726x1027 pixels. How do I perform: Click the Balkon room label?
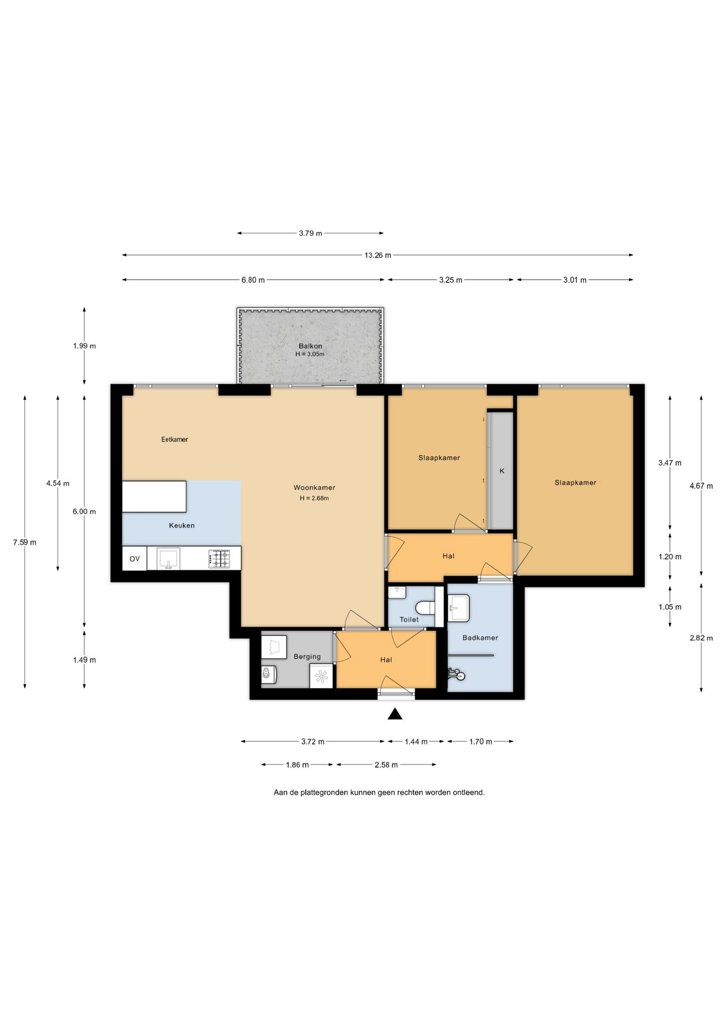(x=310, y=346)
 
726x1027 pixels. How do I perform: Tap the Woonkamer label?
(x=314, y=488)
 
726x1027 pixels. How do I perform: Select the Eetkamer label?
(x=175, y=440)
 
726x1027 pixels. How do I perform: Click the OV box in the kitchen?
(x=135, y=559)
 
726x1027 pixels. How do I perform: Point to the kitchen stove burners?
(x=219, y=559)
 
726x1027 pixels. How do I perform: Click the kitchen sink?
(x=168, y=559)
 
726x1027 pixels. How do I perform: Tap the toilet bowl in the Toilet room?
(x=426, y=608)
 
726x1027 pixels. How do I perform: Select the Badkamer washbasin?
(x=459, y=608)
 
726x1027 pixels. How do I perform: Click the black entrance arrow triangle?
(x=395, y=714)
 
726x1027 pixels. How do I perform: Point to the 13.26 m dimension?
(x=378, y=255)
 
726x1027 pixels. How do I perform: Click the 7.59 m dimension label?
(x=25, y=542)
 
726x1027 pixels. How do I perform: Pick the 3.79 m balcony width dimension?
(x=311, y=233)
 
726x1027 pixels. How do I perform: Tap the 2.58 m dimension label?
(x=386, y=765)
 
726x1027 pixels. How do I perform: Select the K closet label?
(x=502, y=471)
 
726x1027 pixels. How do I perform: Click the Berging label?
(x=307, y=657)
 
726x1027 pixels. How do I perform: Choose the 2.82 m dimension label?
(x=701, y=638)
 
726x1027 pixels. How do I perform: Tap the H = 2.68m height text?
(x=314, y=499)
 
